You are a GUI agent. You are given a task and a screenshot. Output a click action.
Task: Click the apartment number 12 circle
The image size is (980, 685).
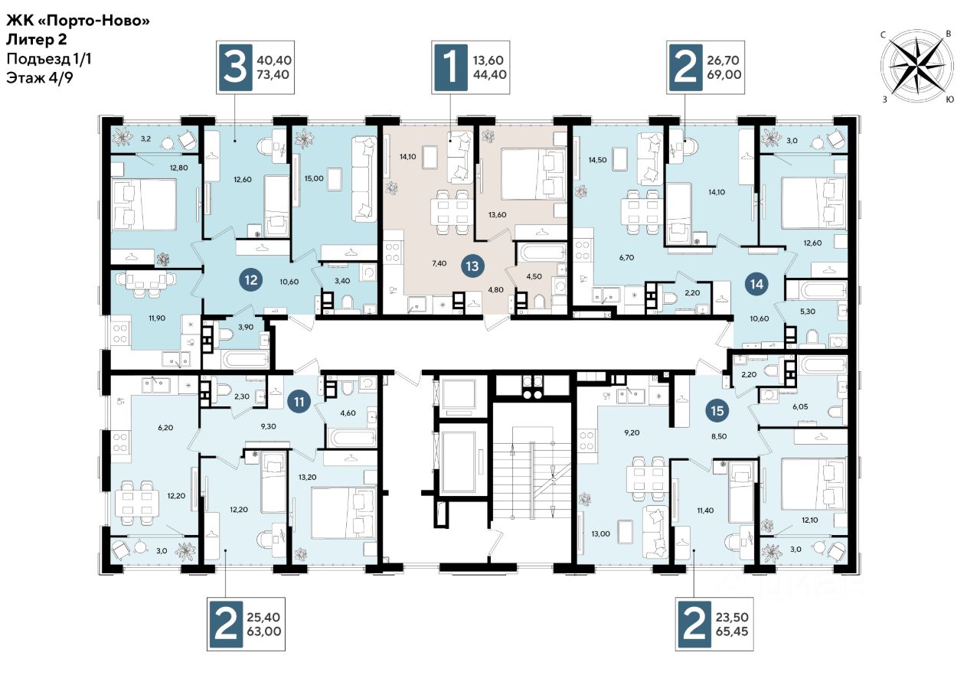click(251, 280)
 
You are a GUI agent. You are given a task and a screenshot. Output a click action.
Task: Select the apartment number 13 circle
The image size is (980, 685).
click(472, 266)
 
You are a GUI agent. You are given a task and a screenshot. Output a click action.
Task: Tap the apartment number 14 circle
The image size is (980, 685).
click(757, 284)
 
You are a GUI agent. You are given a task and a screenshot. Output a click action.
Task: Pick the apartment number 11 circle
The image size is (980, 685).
click(299, 402)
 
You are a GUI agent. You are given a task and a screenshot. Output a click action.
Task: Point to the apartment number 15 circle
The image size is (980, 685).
click(717, 411)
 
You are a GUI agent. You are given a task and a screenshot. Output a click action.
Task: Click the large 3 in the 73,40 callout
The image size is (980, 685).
click(235, 68)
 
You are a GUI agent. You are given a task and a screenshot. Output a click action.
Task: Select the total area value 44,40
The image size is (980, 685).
click(489, 75)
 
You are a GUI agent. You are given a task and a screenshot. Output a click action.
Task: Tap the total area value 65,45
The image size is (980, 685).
click(732, 631)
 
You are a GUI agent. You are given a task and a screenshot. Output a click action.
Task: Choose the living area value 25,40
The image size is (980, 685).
click(264, 617)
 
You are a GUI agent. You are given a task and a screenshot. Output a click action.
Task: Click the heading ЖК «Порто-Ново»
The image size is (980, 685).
click(78, 20)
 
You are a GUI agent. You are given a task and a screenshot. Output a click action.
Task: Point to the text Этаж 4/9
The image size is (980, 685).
click(40, 78)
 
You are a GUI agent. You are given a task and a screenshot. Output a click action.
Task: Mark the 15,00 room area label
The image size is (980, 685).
click(314, 178)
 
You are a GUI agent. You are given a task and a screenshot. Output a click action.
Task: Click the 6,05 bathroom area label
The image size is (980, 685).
click(800, 406)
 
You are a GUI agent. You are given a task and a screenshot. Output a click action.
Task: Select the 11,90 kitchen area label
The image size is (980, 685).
click(157, 318)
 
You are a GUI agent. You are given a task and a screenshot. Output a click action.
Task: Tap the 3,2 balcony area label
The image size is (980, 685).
click(145, 139)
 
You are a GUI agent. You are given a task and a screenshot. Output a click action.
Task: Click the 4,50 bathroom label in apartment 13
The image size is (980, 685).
click(534, 276)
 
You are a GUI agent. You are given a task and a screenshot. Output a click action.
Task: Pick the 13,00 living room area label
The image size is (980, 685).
click(601, 533)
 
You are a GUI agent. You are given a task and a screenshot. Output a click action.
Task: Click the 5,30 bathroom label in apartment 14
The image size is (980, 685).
click(808, 312)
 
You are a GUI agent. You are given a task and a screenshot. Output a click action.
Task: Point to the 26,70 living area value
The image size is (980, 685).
click(724, 60)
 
